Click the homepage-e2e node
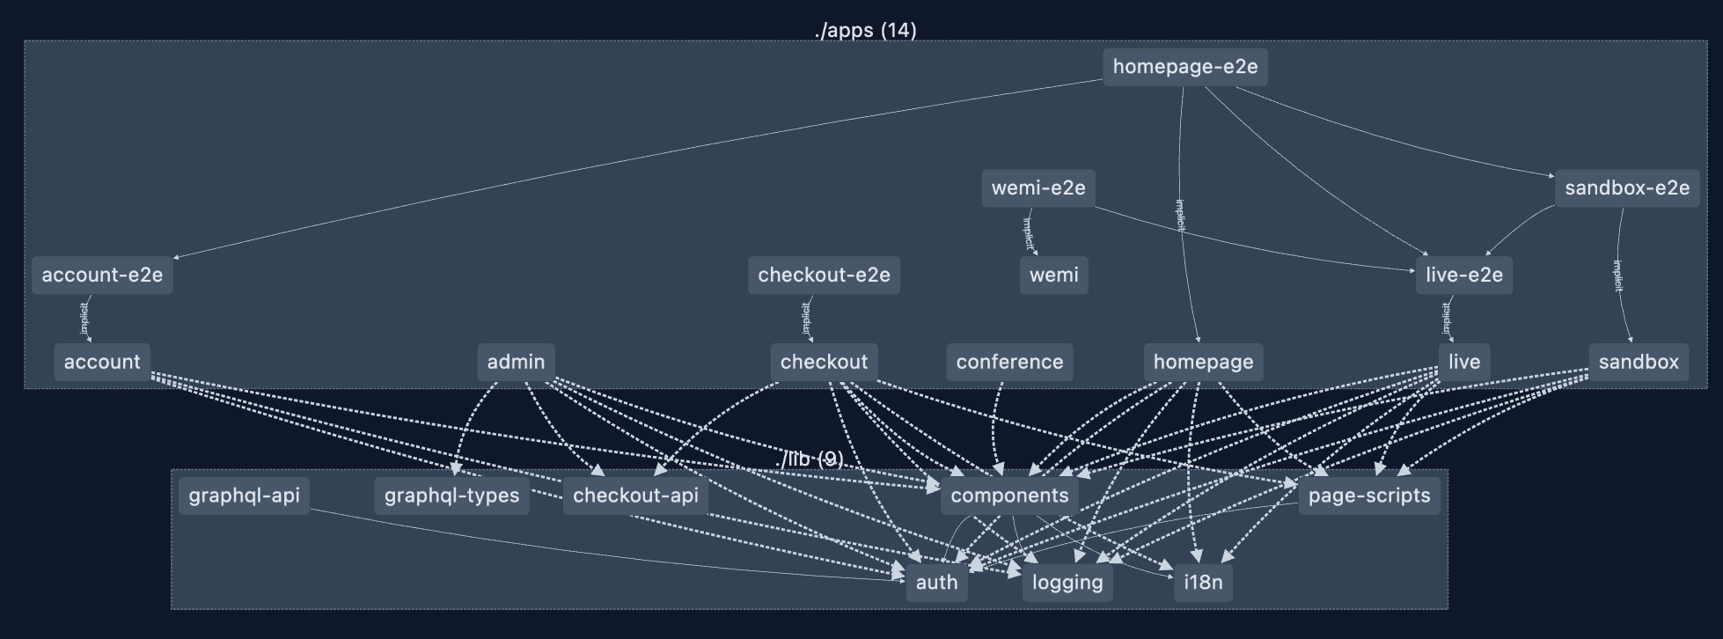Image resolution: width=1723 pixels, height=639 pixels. click(x=1184, y=67)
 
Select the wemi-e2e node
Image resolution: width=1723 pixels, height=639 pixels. click(x=1038, y=188)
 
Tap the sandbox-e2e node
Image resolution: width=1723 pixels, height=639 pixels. click(x=1626, y=188)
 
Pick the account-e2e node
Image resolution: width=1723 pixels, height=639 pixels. click(x=102, y=275)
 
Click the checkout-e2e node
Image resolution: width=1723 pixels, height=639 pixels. click(x=824, y=275)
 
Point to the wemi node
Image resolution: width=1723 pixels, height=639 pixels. click(x=1053, y=275)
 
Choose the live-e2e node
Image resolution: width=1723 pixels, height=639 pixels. click(x=1463, y=275)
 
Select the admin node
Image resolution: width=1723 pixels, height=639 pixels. click(x=516, y=362)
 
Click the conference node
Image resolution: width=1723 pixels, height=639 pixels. click(x=1009, y=362)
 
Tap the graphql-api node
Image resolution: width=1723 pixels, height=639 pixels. click(x=244, y=496)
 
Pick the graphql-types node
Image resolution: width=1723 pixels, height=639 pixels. click(x=451, y=496)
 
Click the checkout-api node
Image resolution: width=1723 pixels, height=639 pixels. click(x=635, y=496)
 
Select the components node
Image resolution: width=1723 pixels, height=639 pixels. click(x=1009, y=496)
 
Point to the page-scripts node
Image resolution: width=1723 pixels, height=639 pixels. click(x=1368, y=496)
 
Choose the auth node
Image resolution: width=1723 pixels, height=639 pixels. click(x=936, y=583)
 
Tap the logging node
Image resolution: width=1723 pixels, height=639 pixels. click(x=1067, y=583)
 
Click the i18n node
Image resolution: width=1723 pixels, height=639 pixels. click(x=1203, y=583)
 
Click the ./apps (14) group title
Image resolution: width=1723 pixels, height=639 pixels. click(x=865, y=31)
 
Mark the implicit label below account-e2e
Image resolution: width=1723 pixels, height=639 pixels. click(x=84, y=319)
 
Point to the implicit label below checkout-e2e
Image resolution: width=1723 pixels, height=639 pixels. click(x=806, y=319)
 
